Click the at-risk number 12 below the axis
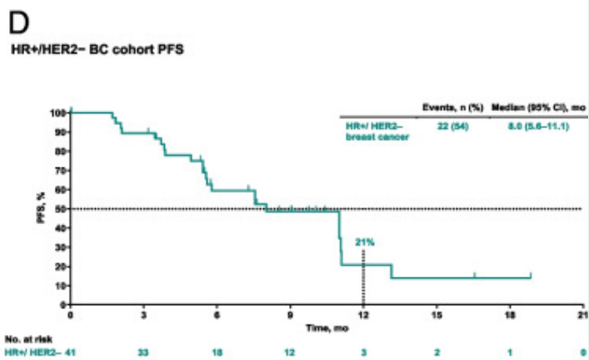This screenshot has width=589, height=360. [x=290, y=352]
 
